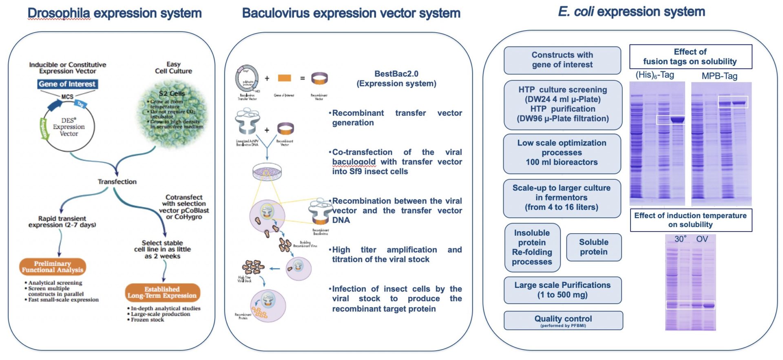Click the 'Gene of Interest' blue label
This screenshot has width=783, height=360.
[67, 84]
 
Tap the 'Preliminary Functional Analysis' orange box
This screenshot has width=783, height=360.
[53, 267]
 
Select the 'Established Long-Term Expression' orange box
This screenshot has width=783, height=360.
[162, 292]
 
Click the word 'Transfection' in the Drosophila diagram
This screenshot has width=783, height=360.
[117, 181]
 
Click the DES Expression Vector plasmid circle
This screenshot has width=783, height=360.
[69, 127]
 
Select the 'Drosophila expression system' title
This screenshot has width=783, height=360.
[115, 13]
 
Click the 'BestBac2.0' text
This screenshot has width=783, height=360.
[396, 74]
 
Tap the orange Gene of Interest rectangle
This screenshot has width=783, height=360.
[284, 78]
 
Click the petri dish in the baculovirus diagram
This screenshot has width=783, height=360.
[267, 172]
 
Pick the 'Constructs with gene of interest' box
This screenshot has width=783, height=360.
[562, 60]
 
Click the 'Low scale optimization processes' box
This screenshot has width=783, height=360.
[562, 153]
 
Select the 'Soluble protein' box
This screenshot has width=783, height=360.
[594, 247]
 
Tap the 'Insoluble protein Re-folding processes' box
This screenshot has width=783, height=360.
[532, 247]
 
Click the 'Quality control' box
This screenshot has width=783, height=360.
[563, 320]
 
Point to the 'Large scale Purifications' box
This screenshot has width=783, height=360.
[562, 290]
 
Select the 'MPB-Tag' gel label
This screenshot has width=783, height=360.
[719, 76]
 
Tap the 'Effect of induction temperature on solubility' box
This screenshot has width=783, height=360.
[690, 220]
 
